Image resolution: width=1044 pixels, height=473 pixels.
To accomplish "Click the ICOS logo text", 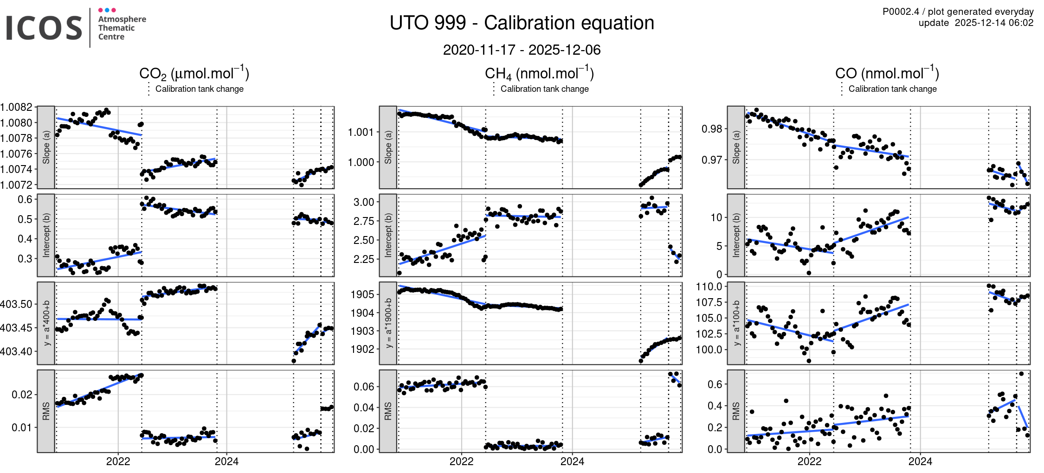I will tap(44, 28).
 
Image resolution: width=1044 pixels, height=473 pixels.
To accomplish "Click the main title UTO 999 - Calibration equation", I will tap(522, 23).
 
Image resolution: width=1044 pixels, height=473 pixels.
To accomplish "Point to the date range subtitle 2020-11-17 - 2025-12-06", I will tap(522, 50).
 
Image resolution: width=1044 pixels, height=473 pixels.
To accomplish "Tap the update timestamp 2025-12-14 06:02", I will tap(994, 23).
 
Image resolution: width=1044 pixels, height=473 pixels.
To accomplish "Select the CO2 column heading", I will tap(194, 74).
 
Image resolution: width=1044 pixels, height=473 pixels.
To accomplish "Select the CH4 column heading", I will tap(539, 74).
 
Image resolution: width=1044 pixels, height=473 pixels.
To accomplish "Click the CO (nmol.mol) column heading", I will tap(887, 74).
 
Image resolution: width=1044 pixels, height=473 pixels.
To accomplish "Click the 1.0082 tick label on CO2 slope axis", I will tap(17, 107).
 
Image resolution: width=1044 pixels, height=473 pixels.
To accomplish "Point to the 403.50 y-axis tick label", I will tap(17, 304).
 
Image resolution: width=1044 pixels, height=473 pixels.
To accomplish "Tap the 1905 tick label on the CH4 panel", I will tap(362, 294).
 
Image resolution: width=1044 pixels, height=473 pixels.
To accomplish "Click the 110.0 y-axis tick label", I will tap(709, 287).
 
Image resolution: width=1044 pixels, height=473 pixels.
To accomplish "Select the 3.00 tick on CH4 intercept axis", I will tap(364, 202).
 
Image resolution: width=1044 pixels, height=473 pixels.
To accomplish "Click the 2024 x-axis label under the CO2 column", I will tap(226, 461).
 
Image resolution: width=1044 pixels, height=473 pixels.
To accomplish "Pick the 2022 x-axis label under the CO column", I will tap(809, 461).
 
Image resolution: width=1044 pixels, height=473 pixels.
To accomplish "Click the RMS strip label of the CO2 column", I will tap(46, 411).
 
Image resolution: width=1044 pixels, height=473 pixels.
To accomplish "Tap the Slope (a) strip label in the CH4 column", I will tap(388, 147).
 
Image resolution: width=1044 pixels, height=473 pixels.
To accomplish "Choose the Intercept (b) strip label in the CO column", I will tap(736, 235).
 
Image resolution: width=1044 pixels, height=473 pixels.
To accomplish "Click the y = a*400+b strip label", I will tap(46, 323).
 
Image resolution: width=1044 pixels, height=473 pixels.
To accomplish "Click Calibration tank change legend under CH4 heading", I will tap(544, 89).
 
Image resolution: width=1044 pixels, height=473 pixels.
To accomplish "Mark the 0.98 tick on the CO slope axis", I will tap(712, 129).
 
